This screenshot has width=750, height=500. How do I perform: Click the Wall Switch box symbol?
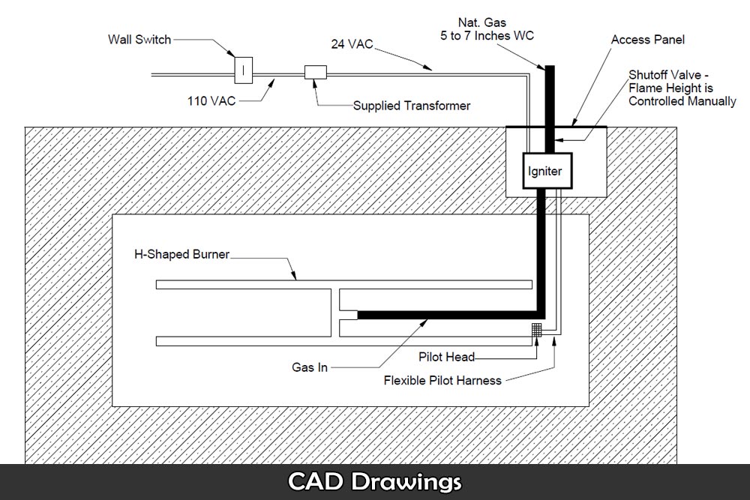[244, 70]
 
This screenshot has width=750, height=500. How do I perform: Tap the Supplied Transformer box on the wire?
[314, 73]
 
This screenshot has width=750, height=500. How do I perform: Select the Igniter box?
[545, 171]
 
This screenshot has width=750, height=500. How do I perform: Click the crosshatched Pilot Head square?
[536, 329]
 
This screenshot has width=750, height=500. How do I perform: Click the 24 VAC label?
[351, 43]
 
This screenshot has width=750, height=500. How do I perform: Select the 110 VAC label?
[212, 100]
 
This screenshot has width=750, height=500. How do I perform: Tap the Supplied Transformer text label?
[412, 106]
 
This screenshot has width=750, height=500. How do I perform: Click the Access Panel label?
[648, 39]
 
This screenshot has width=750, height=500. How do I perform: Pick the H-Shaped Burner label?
[181, 255]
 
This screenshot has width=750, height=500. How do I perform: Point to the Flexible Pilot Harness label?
[442, 380]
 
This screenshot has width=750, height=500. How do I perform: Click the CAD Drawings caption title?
[374, 481]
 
